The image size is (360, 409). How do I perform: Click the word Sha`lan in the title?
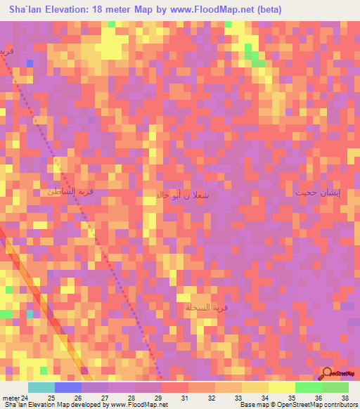tap(28, 9)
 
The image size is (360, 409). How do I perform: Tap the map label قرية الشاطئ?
tap(70, 192)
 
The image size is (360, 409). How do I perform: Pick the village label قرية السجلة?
tap(199, 308)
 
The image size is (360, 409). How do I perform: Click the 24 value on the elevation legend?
tap(27, 398)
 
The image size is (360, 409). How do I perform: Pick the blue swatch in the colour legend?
tap(67, 387)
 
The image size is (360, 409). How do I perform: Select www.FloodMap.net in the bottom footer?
tap(137, 405)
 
